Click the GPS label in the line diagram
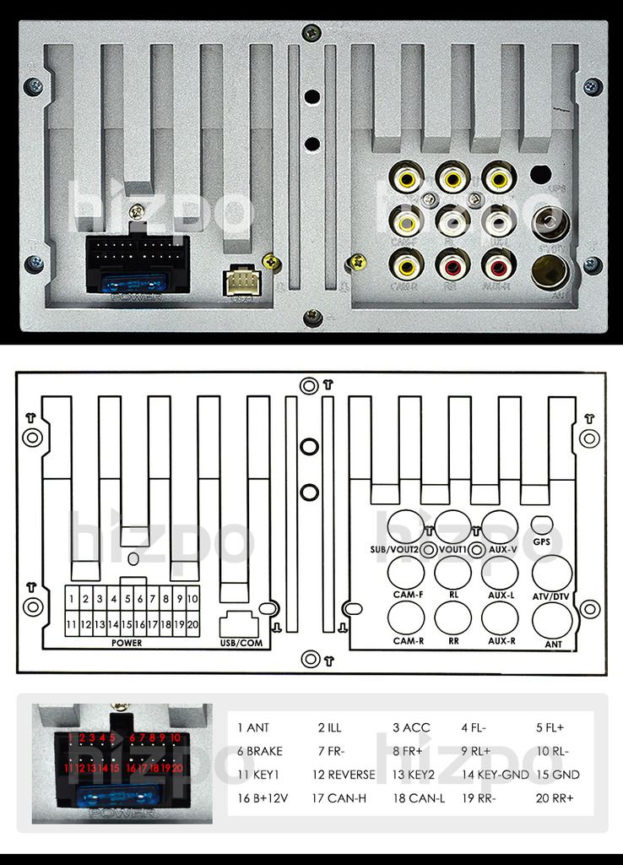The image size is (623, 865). coord(542,542)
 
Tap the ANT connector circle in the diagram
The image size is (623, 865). coord(552,621)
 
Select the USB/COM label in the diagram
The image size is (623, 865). coord(241,643)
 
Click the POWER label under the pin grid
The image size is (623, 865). coord(127,643)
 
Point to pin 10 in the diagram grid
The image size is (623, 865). coord(192,599)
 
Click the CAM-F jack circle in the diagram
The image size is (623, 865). coord(406,574)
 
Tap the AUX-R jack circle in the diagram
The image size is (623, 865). coord(500,618)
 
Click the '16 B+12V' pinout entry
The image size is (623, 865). coord(263,797)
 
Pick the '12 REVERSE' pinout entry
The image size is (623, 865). coord(344,774)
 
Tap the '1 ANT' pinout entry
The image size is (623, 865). coord(253,727)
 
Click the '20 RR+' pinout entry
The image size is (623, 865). coord(555,797)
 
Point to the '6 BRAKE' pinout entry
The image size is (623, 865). coord(260,750)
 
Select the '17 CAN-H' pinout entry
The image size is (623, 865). coord(339,797)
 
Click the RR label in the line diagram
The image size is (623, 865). coord(453,641)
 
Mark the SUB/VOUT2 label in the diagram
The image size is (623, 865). coord(394,550)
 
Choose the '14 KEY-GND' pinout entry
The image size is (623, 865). coord(495,774)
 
